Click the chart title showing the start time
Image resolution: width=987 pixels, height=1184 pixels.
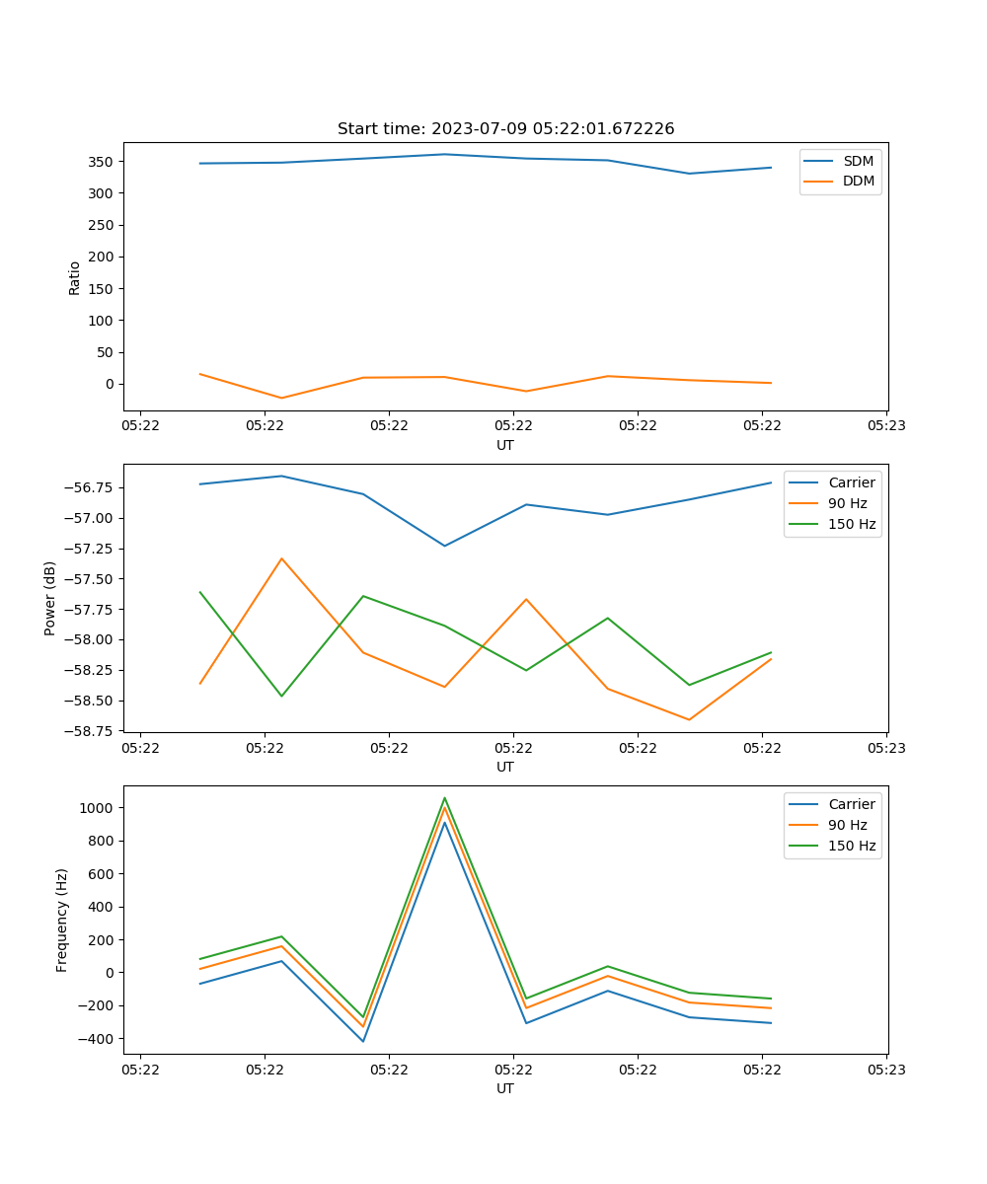point(505,129)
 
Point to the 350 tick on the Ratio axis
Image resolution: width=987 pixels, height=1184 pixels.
point(103,161)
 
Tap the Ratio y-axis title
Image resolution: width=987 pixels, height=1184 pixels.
point(75,278)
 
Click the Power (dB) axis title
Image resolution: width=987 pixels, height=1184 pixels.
point(50,598)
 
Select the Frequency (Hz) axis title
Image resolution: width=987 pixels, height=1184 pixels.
point(62,920)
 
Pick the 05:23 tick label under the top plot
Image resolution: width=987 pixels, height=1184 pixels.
point(886,426)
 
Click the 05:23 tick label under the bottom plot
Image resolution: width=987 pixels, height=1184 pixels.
point(886,1070)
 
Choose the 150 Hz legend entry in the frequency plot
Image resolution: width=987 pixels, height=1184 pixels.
point(852,846)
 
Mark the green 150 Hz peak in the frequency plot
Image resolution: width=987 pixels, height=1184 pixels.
point(444,798)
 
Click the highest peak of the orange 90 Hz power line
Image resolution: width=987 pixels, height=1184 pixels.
point(281,558)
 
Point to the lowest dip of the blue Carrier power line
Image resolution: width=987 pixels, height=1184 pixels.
point(444,546)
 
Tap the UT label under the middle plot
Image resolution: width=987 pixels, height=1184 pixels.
point(505,767)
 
